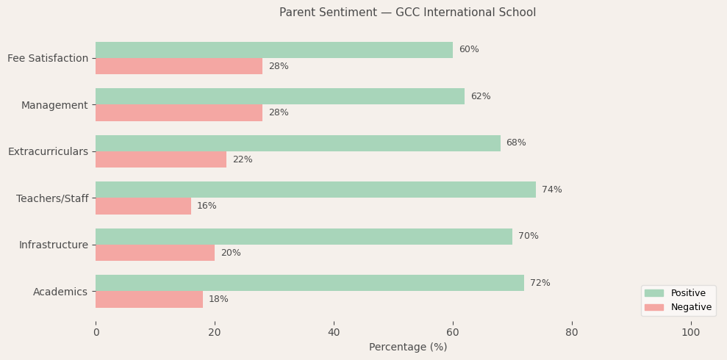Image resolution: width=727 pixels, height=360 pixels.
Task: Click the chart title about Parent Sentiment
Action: tap(407, 12)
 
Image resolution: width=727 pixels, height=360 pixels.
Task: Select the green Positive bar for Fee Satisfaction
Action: tap(274, 50)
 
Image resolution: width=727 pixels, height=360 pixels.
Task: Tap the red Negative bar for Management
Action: tap(179, 112)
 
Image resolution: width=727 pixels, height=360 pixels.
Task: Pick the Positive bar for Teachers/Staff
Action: tap(315, 190)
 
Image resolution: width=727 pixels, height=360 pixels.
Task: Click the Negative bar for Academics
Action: tap(149, 299)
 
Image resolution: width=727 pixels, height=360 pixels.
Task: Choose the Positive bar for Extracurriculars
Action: tap(298, 143)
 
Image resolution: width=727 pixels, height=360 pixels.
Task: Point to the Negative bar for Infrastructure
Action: tap(155, 253)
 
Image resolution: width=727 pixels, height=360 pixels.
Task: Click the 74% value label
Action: tap(551, 190)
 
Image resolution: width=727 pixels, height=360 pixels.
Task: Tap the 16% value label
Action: tap(207, 206)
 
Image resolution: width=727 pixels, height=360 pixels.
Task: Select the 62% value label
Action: tap(480, 96)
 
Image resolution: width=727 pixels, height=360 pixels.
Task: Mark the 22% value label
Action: tap(242, 159)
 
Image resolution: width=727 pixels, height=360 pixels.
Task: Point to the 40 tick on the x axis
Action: tap(334, 332)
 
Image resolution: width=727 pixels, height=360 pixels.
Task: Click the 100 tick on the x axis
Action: tap(690, 332)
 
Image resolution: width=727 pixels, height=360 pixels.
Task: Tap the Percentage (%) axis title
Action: tap(407, 347)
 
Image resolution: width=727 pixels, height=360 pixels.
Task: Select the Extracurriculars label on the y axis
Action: tap(48, 151)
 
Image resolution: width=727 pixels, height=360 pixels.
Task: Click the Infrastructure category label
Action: tap(53, 245)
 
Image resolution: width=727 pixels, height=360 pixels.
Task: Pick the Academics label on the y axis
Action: tap(60, 292)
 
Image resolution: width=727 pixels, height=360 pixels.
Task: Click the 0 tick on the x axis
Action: tap(96, 332)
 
